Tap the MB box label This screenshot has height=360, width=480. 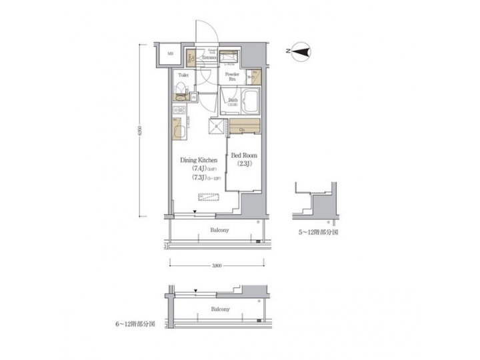tap(170, 54)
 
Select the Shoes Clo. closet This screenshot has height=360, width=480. tap(190, 60)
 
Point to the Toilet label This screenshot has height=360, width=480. tap(183, 75)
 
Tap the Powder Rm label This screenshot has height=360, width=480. tap(232, 76)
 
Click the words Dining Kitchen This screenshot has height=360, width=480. tap(199, 160)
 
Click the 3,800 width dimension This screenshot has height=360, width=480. tap(216, 266)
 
